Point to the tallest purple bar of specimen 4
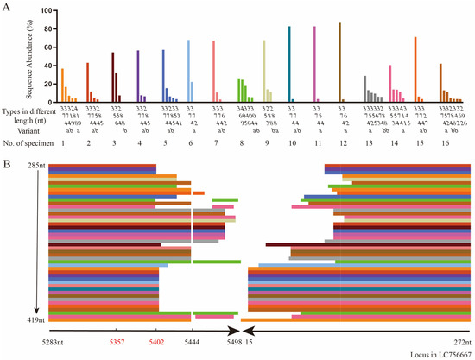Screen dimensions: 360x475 (114, 77)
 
